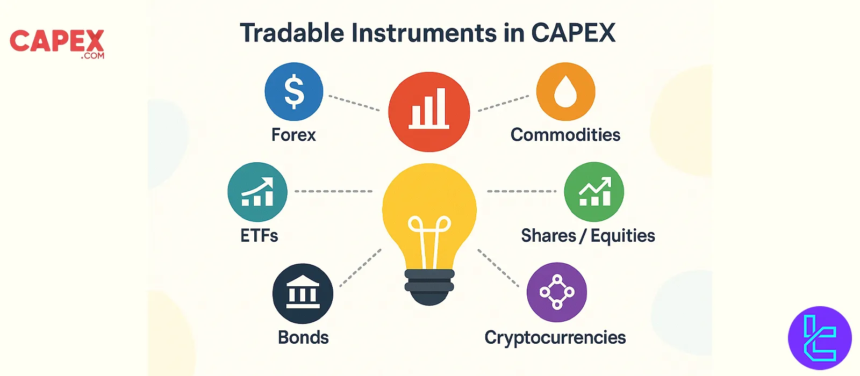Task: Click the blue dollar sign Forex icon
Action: pyautogui.click(x=294, y=92)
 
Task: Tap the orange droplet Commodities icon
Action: pyautogui.click(x=565, y=92)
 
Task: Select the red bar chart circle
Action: pyautogui.click(x=429, y=112)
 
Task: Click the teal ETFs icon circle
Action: pyautogui.click(x=257, y=192)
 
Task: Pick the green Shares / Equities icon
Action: pyautogui.click(x=594, y=192)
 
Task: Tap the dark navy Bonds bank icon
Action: pyautogui.click(x=303, y=293)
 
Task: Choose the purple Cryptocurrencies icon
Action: pyautogui.click(x=557, y=292)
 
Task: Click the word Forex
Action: pyautogui.click(x=293, y=135)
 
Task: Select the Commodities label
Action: pyautogui.click(x=565, y=135)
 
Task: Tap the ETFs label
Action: pyautogui.click(x=259, y=235)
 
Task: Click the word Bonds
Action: pyautogui.click(x=303, y=337)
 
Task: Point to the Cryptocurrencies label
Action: pyautogui.click(x=555, y=338)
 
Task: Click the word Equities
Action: pyautogui.click(x=623, y=236)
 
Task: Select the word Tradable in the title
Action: pyautogui.click(x=292, y=33)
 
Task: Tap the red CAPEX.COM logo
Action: pyautogui.click(x=57, y=44)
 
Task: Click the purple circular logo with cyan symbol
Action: pyautogui.click(x=820, y=338)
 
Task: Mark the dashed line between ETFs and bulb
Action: pyautogui.click(x=334, y=191)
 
